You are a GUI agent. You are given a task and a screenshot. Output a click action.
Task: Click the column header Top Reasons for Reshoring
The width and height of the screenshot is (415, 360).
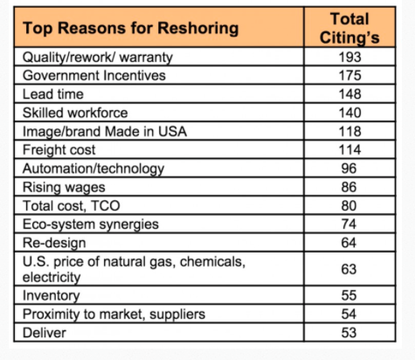point(131,28)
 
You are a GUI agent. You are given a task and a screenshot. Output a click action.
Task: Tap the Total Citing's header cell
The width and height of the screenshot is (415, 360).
point(349,28)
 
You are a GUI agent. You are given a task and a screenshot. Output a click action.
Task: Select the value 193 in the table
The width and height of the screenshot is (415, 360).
point(349,57)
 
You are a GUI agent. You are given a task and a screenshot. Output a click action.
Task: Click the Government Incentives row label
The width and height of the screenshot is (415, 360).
point(94,75)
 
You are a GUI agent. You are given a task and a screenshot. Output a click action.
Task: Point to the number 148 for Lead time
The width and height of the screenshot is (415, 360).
point(349,94)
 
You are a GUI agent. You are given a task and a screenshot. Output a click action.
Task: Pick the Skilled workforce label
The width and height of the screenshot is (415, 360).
point(75,113)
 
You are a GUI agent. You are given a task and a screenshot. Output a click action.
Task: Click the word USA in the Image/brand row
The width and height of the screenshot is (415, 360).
point(172,131)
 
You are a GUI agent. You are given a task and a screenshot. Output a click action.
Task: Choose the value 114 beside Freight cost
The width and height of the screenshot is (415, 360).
point(349,149)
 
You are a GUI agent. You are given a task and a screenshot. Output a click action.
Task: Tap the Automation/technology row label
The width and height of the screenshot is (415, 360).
point(93,169)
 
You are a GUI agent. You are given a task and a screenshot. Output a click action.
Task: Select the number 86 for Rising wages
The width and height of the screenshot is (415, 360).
point(349,187)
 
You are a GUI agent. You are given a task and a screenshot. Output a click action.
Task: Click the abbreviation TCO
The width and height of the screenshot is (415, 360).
point(106,205)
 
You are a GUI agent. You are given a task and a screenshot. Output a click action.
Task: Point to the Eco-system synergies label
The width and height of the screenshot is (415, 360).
point(91,225)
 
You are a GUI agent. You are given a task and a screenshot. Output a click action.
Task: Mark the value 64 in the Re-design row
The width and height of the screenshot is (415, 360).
point(349,243)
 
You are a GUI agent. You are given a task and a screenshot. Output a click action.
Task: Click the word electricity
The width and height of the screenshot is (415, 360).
point(52,277)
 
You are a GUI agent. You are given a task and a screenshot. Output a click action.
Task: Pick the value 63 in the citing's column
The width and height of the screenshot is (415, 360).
point(349,269)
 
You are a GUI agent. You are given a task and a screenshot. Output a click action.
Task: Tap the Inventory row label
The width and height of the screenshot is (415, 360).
point(52,295)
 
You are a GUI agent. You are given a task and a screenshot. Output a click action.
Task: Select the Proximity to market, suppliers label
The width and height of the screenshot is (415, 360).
point(114,315)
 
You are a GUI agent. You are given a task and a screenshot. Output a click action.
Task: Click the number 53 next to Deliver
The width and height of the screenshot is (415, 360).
point(349,333)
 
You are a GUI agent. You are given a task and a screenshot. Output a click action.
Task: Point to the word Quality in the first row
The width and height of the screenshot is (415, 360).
point(45,58)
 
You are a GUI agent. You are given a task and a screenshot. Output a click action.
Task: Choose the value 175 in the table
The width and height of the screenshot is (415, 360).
point(349,75)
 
